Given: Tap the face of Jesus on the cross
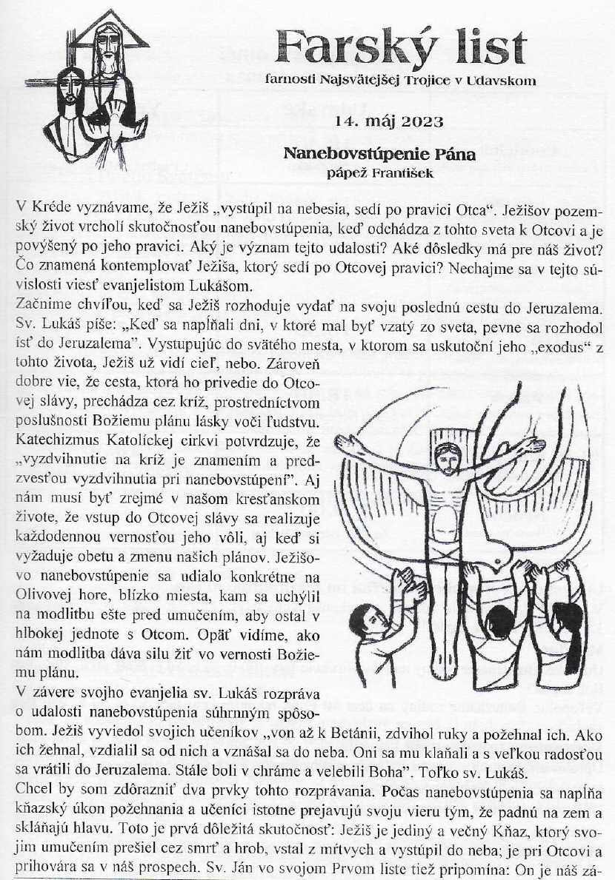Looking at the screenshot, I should click(445, 459).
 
